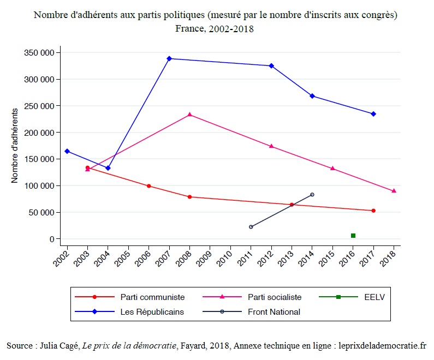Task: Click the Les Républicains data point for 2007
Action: coord(169,58)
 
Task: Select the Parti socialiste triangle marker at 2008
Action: coord(189,115)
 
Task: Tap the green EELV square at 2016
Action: coord(353,236)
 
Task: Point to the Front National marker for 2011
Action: coord(251,227)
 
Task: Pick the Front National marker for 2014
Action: coord(312,195)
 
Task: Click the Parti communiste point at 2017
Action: coord(373,211)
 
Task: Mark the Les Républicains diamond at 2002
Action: coord(67,151)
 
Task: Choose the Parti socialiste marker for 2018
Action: coord(394,191)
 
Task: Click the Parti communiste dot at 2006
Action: coord(148,186)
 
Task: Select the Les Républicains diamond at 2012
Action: coord(271,66)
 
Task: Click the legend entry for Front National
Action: coord(274,312)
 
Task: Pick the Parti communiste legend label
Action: coord(152,297)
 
